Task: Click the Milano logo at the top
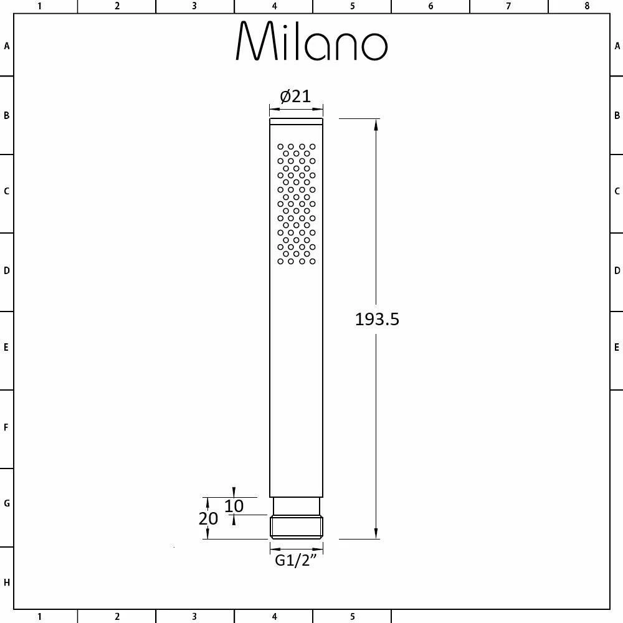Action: (x=311, y=41)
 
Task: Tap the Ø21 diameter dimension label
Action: (x=295, y=97)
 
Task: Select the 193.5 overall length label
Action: (x=377, y=319)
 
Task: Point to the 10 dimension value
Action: (x=234, y=506)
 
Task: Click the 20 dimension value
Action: (x=208, y=518)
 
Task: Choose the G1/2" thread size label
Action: (x=296, y=560)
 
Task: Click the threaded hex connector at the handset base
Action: (x=297, y=527)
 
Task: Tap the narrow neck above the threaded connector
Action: (x=297, y=506)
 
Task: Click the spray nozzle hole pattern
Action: (x=297, y=204)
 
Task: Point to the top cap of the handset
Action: (x=297, y=121)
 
